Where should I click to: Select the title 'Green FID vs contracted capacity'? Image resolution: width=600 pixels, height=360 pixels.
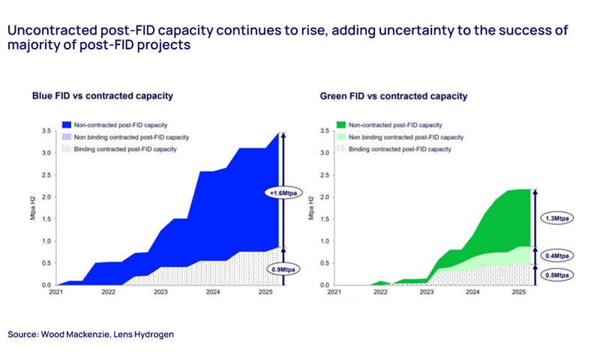(x=394, y=96)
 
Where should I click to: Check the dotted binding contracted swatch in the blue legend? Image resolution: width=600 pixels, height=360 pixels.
(x=67, y=149)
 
